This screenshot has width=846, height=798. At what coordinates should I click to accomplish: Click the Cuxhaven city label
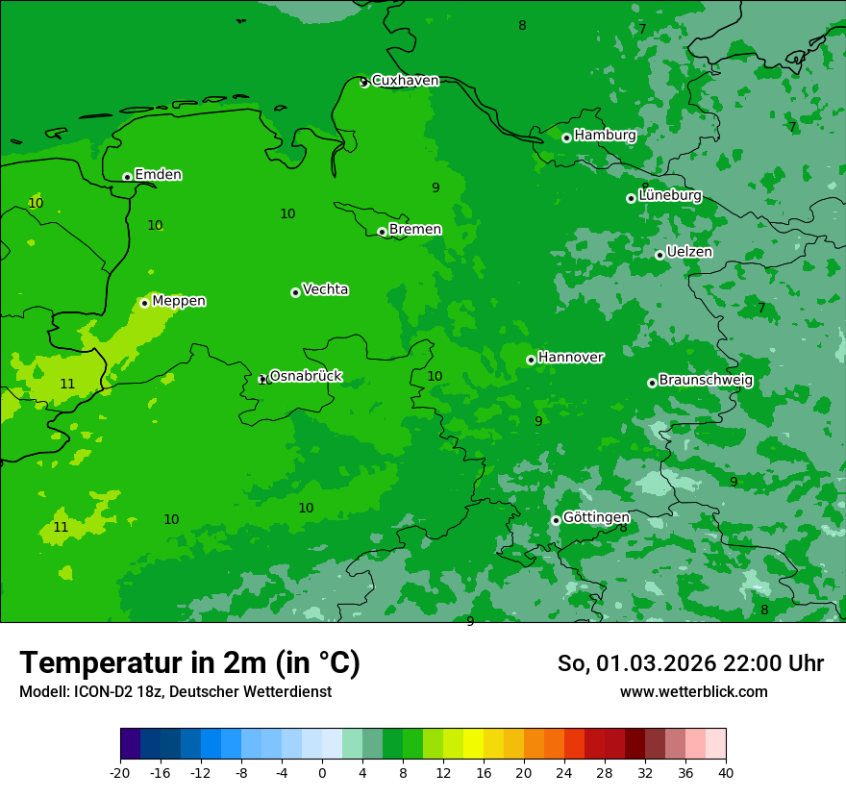tap(405, 81)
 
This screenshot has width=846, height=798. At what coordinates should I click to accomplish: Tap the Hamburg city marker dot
tap(566, 137)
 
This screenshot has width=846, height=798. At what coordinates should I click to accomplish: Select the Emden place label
tap(158, 175)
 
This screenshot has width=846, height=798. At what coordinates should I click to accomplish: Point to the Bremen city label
tap(415, 230)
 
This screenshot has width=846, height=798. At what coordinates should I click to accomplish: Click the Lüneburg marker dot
tap(631, 198)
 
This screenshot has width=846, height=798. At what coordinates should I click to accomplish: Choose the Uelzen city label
tap(689, 253)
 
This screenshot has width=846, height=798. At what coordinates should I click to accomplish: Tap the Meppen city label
tap(179, 301)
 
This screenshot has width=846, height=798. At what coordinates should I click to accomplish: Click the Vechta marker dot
tap(295, 292)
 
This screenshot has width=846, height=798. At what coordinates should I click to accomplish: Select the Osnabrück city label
tap(306, 376)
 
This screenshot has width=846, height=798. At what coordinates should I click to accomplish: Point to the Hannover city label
tap(571, 358)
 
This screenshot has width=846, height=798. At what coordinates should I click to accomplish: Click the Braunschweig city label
tap(706, 381)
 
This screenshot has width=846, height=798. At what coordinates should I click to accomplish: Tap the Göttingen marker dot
tap(556, 520)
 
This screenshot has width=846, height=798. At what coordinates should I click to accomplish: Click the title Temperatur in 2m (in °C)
tap(189, 663)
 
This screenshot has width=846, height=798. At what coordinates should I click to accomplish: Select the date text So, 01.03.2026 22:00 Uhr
tap(690, 663)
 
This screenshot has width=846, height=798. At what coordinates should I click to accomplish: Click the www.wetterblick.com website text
tap(693, 692)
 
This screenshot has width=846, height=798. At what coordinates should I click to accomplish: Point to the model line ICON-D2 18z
tap(175, 692)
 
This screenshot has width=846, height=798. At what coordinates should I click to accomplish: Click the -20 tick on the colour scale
tap(120, 772)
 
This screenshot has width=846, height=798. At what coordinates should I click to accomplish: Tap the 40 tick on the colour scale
tap(725, 772)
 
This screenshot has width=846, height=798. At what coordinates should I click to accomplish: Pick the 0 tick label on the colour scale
tap(322, 772)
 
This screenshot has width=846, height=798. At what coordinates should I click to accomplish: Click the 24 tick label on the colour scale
tap(564, 772)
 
